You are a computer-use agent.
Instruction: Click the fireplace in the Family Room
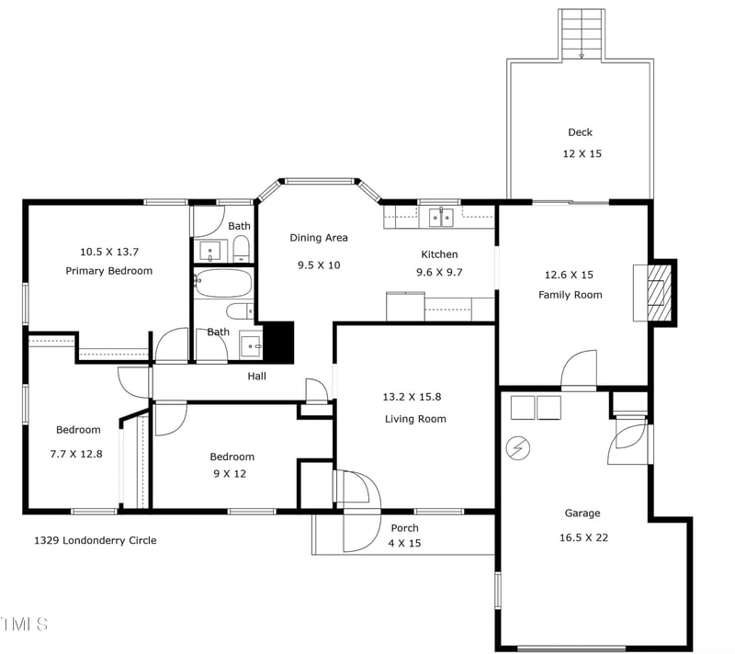click(656, 292)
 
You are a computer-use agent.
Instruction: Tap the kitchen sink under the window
click(442, 218)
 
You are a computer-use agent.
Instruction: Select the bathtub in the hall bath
click(222, 283)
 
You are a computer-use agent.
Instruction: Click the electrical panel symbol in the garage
click(518, 448)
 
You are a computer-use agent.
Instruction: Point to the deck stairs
click(582, 33)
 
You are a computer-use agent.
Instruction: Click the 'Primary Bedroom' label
click(108, 271)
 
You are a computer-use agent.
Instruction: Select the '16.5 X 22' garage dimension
click(582, 537)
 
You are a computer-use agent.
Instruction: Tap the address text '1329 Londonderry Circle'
click(95, 540)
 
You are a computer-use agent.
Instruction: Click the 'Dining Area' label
click(319, 238)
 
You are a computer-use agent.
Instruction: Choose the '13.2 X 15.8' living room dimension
click(414, 397)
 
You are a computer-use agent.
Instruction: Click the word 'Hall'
click(257, 377)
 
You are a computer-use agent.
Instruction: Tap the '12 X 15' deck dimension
click(582, 154)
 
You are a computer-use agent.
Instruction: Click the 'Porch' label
click(404, 528)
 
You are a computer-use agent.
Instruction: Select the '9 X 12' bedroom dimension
click(232, 474)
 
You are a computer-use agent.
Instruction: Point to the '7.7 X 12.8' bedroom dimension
click(78, 453)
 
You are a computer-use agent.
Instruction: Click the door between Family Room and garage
click(578, 372)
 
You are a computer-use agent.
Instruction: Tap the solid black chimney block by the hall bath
click(277, 341)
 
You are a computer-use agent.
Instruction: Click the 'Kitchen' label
click(439, 254)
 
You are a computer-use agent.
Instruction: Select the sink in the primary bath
click(210, 250)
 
